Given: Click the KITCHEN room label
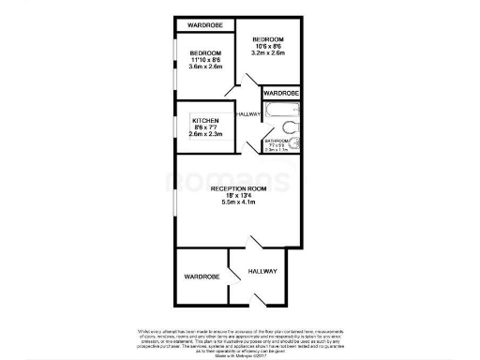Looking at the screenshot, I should [206, 122].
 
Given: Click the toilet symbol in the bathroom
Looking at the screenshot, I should [291, 127].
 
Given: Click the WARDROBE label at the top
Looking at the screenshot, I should [203, 24].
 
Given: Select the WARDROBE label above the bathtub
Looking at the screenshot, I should [280, 94].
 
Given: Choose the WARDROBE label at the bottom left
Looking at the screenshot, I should [202, 277].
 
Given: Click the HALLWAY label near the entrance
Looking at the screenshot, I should [262, 271].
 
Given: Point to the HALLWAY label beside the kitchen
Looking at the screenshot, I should [249, 113].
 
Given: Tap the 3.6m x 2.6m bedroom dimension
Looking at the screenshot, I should [205, 67].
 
